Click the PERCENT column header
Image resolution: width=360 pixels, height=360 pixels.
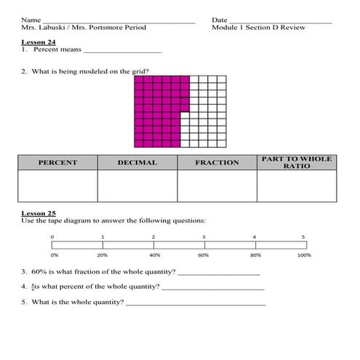[57, 163]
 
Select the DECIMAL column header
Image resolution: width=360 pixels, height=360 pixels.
[137, 163]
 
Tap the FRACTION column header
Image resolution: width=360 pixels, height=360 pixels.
[217, 163]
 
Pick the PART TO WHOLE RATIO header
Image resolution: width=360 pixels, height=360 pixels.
[296, 162]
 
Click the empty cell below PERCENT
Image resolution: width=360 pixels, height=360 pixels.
[57, 186]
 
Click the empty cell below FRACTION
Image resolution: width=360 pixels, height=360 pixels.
[217, 186]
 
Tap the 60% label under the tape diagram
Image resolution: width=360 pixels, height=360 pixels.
[203, 255]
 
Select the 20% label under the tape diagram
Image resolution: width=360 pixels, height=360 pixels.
[103, 255]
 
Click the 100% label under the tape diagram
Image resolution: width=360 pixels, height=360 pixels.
[304, 255]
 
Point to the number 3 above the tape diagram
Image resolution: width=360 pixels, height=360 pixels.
[204, 237]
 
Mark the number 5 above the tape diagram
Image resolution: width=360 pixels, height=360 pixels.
[304, 237]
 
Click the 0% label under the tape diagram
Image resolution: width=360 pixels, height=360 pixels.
[54, 255]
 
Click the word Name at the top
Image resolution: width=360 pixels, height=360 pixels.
[31, 20]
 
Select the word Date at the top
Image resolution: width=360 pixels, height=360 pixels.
[220, 20]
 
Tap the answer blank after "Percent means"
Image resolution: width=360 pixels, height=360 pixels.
[122, 52]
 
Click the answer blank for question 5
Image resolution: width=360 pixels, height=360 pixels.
[196, 303]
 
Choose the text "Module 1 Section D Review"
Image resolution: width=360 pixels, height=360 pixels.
[258, 28]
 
